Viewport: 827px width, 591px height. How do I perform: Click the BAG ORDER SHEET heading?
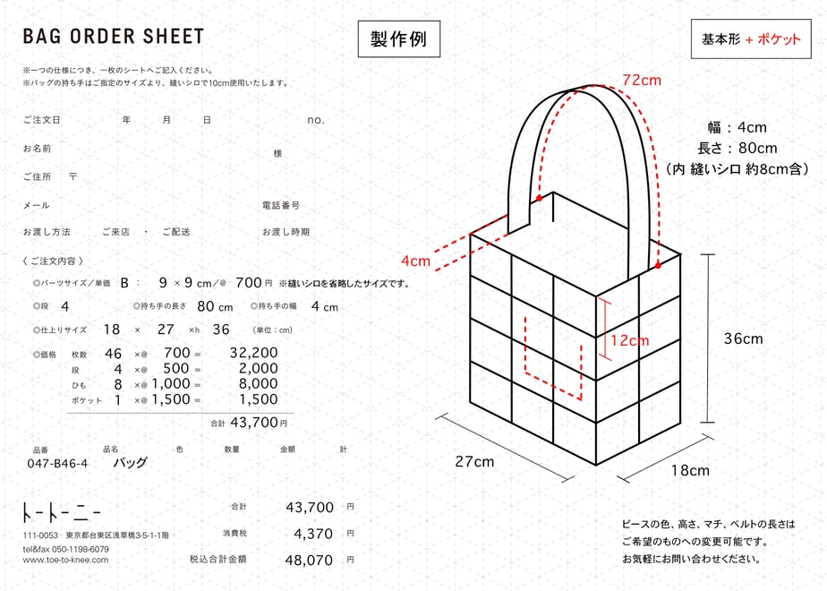(x=114, y=37)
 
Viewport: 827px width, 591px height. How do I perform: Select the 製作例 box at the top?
(x=399, y=39)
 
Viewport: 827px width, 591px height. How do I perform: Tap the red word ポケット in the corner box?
(x=779, y=39)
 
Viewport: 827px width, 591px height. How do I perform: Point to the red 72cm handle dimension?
(x=642, y=81)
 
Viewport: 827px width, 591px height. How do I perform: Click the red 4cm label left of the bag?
(x=415, y=261)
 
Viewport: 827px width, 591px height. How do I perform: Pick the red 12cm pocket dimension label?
(x=630, y=340)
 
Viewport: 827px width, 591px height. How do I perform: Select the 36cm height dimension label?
(x=743, y=338)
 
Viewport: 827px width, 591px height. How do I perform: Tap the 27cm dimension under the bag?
(x=474, y=462)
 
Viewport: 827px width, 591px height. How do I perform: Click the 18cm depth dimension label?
(x=690, y=470)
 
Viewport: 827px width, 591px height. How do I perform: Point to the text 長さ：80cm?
(x=737, y=149)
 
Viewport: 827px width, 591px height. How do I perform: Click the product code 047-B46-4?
(x=57, y=464)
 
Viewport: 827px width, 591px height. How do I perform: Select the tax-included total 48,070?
(x=309, y=560)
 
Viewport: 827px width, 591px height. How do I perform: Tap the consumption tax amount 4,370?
(x=313, y=534)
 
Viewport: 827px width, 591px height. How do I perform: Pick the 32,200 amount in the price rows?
(x=253, y=353)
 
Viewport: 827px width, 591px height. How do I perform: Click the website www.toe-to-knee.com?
(x=65, y=560)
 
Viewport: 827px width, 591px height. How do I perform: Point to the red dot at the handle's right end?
(x=658, y=265)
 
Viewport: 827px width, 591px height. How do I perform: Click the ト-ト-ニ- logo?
(x=61, y=512)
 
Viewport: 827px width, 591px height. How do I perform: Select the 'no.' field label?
(x=315, y=121)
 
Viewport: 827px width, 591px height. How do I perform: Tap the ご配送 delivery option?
(x=176, y=232)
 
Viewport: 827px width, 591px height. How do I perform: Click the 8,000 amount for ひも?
(x=259, y=383)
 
